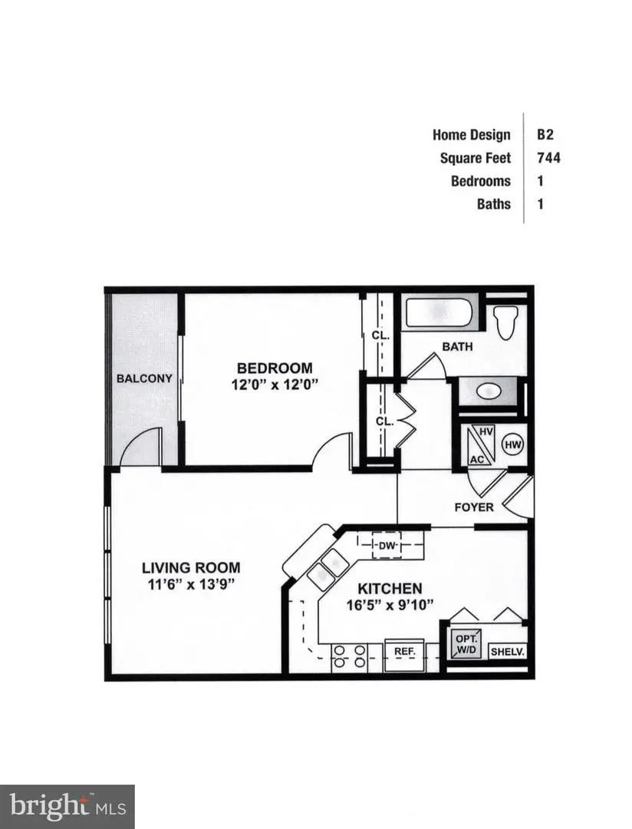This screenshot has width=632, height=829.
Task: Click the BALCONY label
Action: [x=144, y=378]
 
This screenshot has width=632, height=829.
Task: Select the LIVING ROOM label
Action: [x=191, y=568]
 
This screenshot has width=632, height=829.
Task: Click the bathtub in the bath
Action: [x=440, y=313]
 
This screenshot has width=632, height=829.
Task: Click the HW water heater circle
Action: [x=512, y=444]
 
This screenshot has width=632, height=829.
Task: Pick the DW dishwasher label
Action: [x=387, y=546]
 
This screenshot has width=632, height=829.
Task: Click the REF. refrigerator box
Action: [x=404, y=651]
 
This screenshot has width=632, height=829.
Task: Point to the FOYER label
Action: [x=474, y=507]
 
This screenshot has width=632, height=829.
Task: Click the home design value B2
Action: [x=545, y=134]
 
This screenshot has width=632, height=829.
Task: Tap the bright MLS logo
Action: [x=67, y=806]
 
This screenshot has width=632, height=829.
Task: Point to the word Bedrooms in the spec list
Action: [x=480, y=181]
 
